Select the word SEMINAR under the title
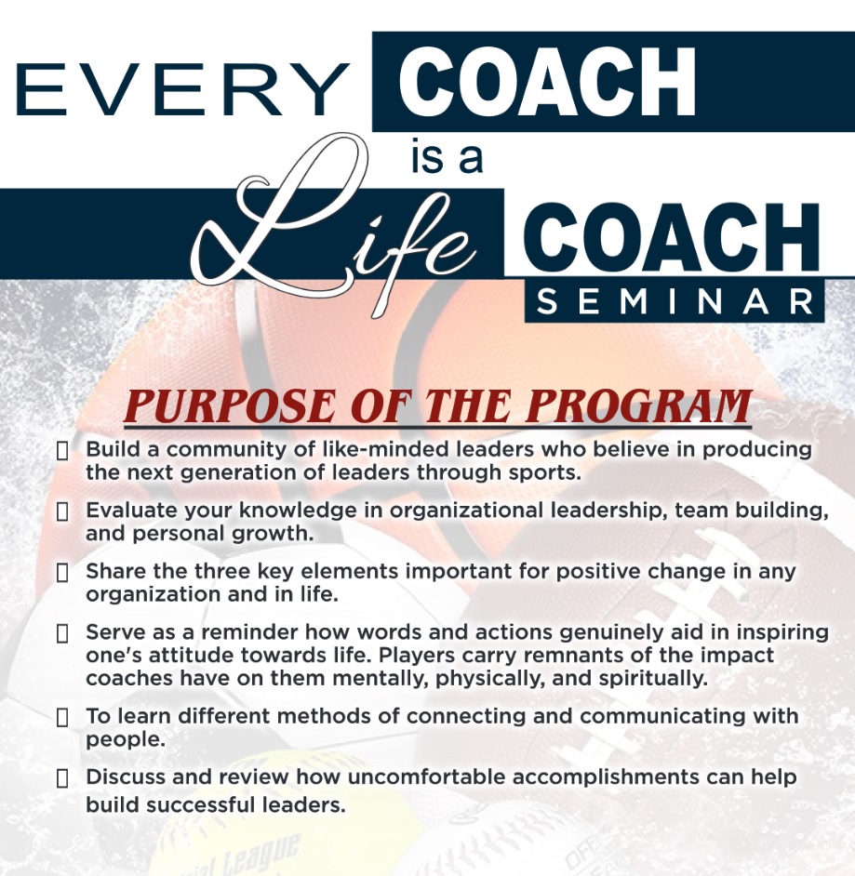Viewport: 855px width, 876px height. coord(675,301)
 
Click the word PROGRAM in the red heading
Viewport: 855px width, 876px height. coord(639,406)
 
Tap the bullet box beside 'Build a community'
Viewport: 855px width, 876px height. coord(62,451)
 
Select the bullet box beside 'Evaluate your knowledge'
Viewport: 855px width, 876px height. coord(62,511)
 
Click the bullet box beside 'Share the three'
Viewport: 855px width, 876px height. coord(62,573)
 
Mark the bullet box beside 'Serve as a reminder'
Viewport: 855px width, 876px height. coord(62,633)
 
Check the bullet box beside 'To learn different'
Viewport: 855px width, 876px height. coord(62,717)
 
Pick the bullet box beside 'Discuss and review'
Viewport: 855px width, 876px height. coord(62,778)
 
